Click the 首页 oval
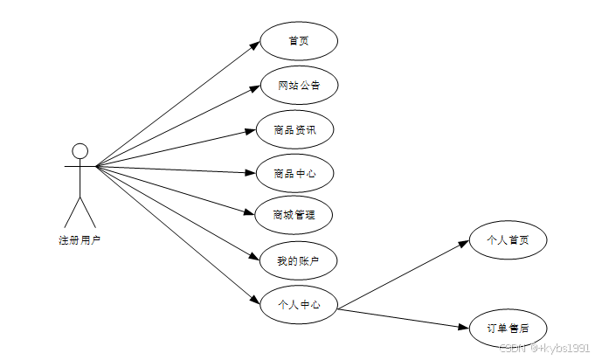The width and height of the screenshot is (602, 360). pyautogui.click(x=299, y=41)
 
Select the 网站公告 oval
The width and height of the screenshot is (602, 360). pyautogui.click(x=299, y=86)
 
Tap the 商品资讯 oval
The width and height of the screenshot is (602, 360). pyautogui.click(x=294, y=130)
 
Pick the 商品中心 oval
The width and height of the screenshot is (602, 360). pyautogui.click(x=294, y=174)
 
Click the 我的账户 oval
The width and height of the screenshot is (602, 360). pyautogui.click(x=299, y=260)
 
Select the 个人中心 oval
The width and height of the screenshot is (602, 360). pyautogui.click(x=299, y=305)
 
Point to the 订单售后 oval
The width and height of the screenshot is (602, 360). pyautogui.click(x=508, y=329)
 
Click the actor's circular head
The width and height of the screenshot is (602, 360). pyautogui.click(x=80, y=150)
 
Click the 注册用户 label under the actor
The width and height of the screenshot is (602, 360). pyautogui.click(x=80, y=239)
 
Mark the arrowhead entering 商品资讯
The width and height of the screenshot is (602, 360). pyautogui.click(x=249, y=131)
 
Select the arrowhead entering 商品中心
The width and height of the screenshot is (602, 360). pyautogui.click(x=249, y=173)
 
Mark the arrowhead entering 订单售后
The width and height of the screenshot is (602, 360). pyautogui.click(x=464, y=327)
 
